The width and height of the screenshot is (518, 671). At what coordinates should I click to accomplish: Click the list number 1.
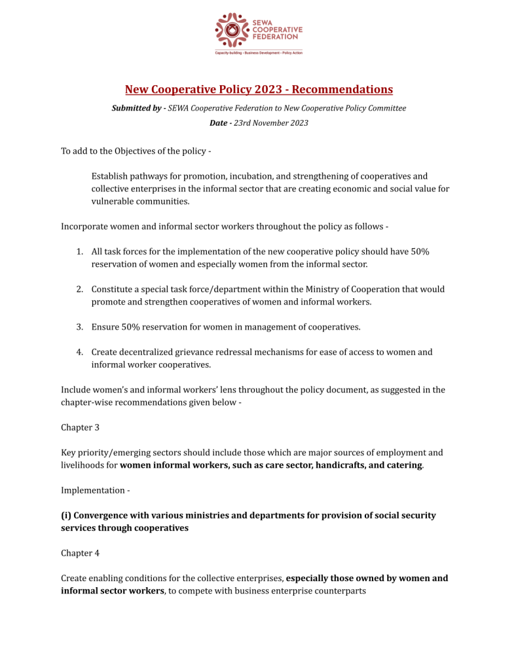(79, 252)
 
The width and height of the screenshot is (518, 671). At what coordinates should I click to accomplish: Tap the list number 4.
(79, 352)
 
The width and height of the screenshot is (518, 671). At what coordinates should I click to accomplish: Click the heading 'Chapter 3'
(80, 427)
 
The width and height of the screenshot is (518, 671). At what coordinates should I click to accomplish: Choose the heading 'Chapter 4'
(80, 553)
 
